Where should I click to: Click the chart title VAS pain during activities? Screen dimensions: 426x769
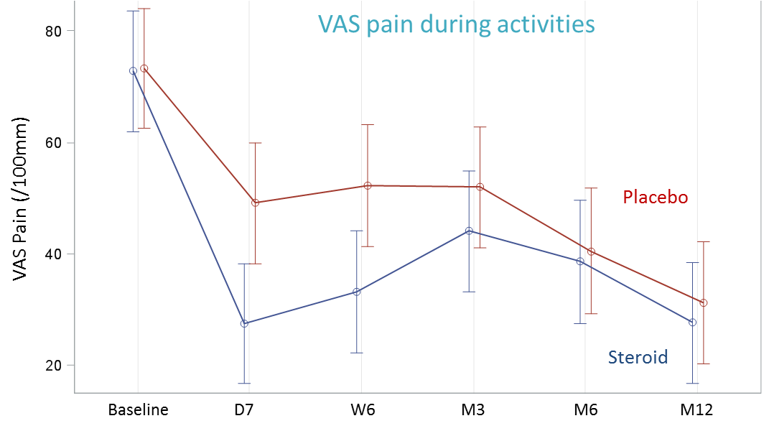coord(457,24)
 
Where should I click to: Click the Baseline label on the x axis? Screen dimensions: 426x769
coord(138,410)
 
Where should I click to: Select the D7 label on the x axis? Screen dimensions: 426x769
coord(244,410)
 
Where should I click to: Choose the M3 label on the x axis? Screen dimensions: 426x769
coord(472,410)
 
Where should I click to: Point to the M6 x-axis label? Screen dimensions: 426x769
coord(585,410)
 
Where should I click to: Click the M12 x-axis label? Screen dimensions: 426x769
coord(696,410)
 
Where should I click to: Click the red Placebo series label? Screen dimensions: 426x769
coord(655,197)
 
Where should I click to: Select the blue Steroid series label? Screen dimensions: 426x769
coord(638,357)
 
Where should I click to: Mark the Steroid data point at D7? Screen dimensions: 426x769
coord(244,323)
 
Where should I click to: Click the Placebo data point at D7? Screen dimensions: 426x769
coord(256,203)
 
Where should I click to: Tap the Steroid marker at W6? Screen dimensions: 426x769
coord(357,292)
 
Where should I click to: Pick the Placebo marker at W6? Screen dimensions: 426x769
coord(368,185)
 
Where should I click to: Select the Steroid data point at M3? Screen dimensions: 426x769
coord(469,231)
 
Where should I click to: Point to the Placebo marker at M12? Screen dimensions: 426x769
coord(704,303)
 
